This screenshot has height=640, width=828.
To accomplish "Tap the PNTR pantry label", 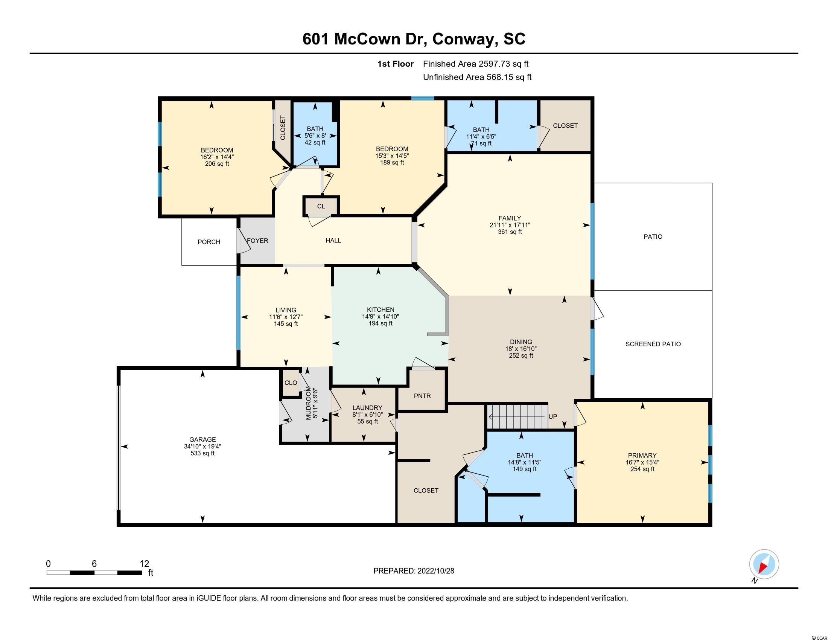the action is pos(422,396).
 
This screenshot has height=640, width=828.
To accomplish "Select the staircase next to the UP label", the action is pos(517,417).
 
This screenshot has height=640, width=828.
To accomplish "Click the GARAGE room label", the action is pos(203,439).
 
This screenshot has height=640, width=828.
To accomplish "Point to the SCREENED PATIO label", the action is pos(653,344).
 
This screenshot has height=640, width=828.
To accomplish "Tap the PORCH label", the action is pos(209,242).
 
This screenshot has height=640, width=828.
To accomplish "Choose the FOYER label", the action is pos(257,241).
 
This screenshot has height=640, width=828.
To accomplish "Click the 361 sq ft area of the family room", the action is pos(510,232).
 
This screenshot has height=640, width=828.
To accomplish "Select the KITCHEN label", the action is pos(381,310).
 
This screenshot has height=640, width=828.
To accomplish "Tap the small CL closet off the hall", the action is pos(321,206).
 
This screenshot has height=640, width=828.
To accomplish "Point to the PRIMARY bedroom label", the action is pos(642,456).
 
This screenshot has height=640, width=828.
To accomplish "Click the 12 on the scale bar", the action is pos(145,564).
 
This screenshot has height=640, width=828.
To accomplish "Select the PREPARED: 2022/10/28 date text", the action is pos(414,571).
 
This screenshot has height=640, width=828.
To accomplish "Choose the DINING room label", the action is pos(521,341).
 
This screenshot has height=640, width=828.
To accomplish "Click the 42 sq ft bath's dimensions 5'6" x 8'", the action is pos(315,136).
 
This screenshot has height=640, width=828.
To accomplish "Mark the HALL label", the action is pos(333,241).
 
